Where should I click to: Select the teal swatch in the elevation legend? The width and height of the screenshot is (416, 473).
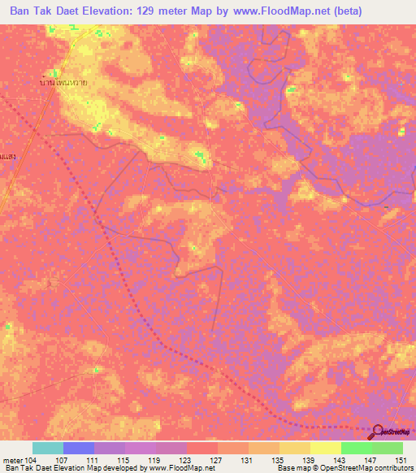48,448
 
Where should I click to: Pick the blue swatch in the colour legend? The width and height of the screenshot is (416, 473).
79,448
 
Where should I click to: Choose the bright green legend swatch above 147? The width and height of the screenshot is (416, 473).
356,448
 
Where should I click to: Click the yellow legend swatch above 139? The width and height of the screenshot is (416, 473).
294,448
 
